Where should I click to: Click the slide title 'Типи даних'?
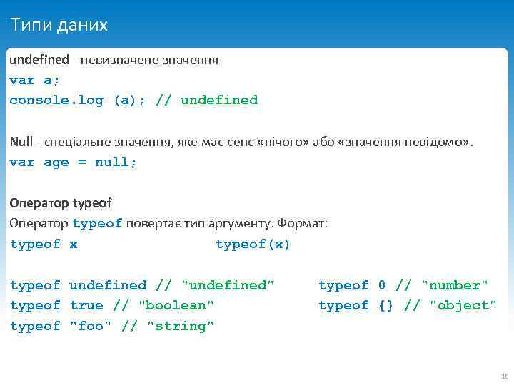tap(59, 26)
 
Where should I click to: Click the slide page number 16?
tap(504, 376)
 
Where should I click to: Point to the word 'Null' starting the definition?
tap(21, 142)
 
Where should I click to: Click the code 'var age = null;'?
tap(73, 162)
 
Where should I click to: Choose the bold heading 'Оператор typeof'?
tap(61, 203)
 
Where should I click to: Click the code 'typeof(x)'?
tap(253, 244)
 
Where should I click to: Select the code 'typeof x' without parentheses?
tap(44, 244)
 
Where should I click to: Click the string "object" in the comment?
tap(463, 305)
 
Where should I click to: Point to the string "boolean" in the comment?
tap(176, 305)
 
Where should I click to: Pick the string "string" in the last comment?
tap(180, 326)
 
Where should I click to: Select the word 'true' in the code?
tap(86, 305)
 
